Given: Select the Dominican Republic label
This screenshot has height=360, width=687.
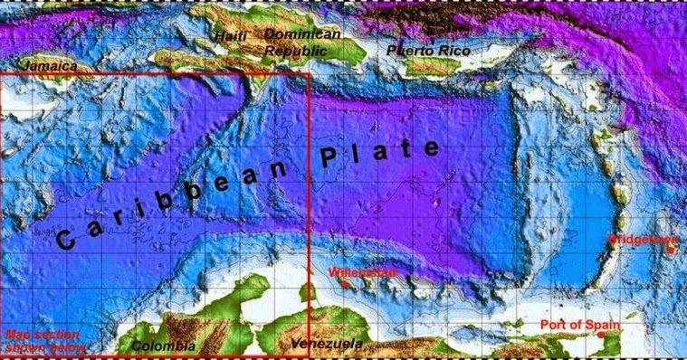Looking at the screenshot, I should tap(301, 43).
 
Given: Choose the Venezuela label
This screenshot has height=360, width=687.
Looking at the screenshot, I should tap(328, 344).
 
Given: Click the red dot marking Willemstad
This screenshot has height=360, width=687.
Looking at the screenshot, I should tap(345, 285).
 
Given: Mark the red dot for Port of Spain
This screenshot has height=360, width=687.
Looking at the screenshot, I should tap(602, 336).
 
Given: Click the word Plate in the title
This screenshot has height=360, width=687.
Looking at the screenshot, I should tap(381, 156).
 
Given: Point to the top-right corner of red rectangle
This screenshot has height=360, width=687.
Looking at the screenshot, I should tap(310, 73).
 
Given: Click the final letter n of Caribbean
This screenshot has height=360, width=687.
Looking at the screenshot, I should tap(291, 174).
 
